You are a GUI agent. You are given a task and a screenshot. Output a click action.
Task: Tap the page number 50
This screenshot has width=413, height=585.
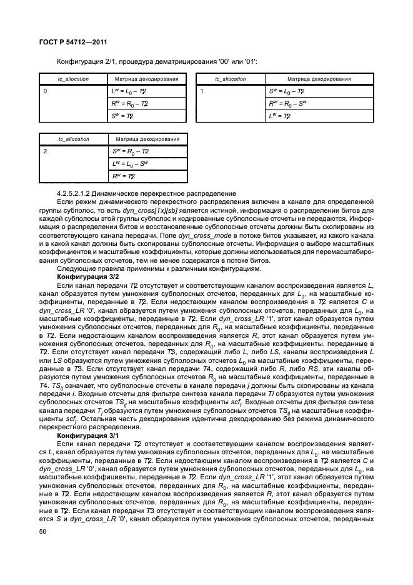pyautogui.click(x=44, y=531)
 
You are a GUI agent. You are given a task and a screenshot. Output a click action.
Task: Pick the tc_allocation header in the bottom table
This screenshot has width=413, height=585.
pyautogui.click(x=73, y=139)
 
